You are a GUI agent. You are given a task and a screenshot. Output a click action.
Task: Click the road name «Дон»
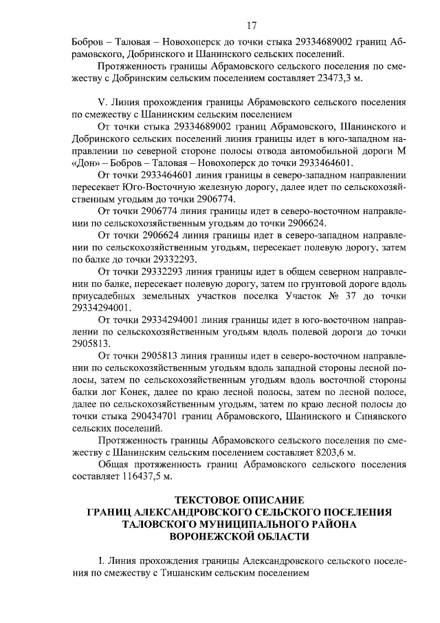pos(85,163)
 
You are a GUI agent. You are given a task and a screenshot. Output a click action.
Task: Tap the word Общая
pos(115,465)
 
